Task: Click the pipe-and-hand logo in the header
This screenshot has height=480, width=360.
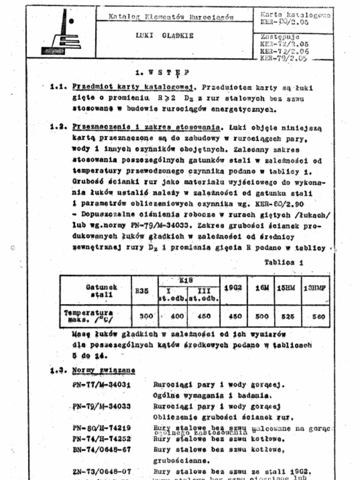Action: (x=61, y=32)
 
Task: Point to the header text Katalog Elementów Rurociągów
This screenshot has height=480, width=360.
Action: (x=171, y=17)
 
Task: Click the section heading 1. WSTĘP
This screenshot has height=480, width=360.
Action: (x=162, y=72)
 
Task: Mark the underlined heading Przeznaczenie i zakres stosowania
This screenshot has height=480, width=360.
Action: (x=146, y=127)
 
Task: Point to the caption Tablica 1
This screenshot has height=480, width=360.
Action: (x=284, y=262)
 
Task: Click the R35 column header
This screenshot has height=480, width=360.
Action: (x=142, y=291)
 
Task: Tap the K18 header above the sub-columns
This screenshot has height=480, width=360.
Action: (x=186, y=280)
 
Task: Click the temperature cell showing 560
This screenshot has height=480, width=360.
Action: (x=318, y=316)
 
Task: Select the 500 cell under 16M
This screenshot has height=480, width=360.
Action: (x=262, y=316)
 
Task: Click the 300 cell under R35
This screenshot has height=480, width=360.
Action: (x=146, y=316)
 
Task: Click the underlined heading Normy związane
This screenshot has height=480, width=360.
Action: (x=104, y=370)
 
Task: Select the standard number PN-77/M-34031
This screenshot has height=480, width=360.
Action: (x=101, y=385)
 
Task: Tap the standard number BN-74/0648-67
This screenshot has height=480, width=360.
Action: (x=101, y=450)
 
